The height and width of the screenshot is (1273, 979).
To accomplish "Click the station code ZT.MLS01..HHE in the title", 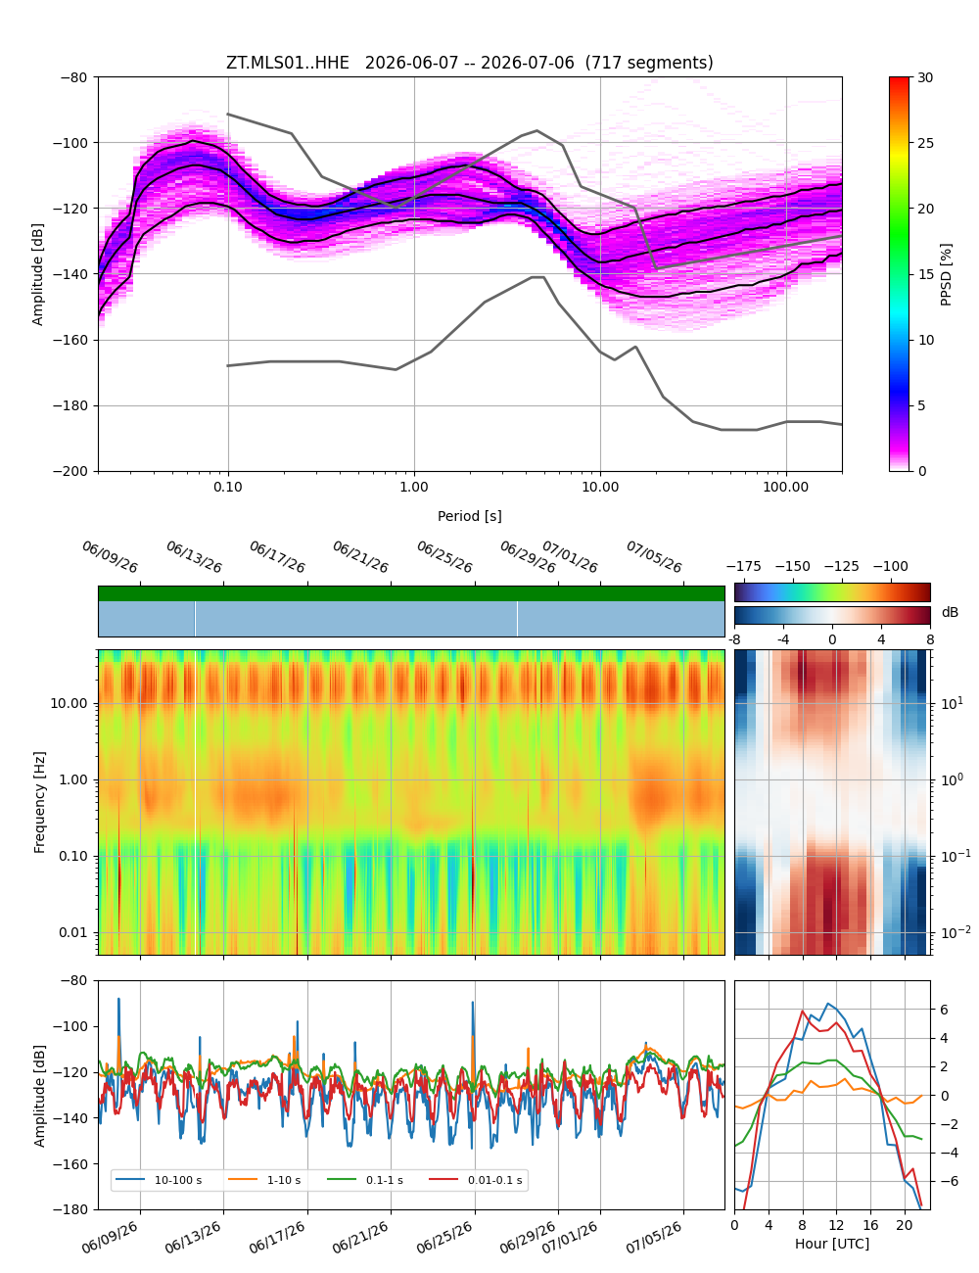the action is coord(287,63).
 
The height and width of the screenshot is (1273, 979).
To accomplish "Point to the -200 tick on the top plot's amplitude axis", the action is coord(73,471).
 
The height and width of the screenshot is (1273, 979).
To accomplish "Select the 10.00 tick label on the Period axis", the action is coord(599,487).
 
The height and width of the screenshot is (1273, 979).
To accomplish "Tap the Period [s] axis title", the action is coord(469,516).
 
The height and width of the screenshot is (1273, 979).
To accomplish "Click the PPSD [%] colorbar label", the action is coord(945,274).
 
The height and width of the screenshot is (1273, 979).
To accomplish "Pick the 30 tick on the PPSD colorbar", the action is coord(924,77).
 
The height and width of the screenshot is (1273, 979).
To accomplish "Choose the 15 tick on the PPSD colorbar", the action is coord(924,274).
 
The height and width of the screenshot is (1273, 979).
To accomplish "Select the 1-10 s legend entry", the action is coord(264,1180).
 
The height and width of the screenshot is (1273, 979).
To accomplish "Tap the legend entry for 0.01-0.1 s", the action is coord(476,1180).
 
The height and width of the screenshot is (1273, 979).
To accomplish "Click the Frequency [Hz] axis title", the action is coord(39,802).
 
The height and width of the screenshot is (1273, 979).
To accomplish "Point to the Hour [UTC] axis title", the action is coord(831,1243).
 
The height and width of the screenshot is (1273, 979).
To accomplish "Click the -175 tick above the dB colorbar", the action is coord(744,567).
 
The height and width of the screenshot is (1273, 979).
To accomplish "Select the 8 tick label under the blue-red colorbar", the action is coord(930,639).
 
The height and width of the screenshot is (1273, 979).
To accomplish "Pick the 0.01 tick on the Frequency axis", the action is coord(72,932).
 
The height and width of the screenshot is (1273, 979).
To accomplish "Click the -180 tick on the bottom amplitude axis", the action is coord(73,1209).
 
